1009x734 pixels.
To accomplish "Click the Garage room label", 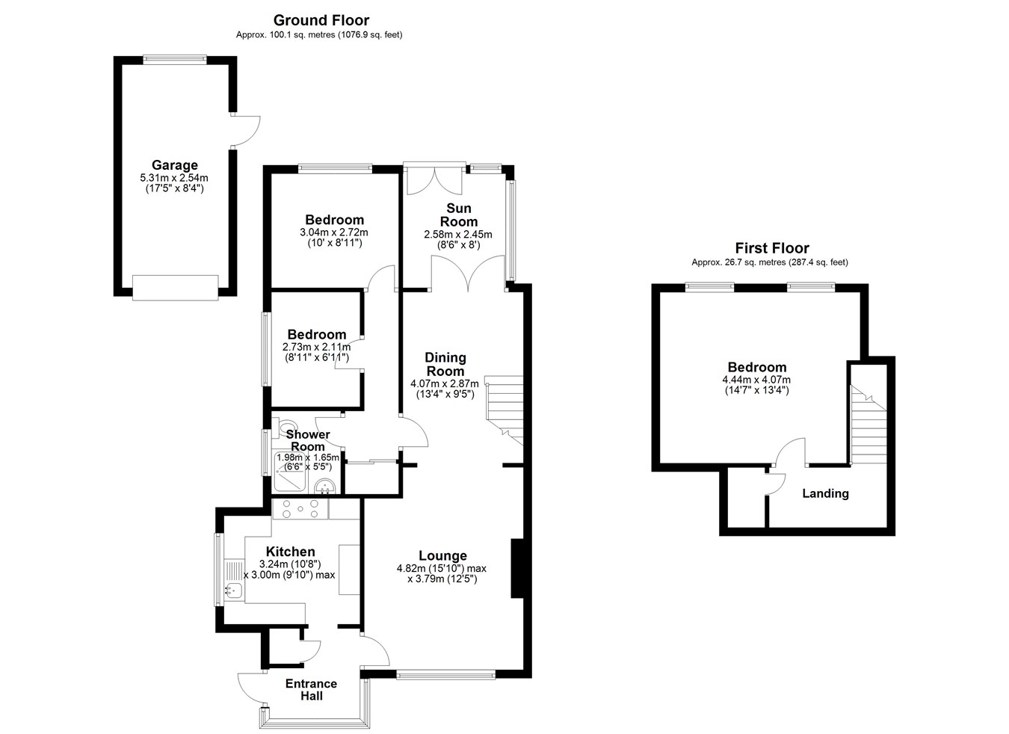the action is pyautogui.click(x=175, y=165).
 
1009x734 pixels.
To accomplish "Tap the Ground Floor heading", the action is pyautogui.click(x=321, y=20).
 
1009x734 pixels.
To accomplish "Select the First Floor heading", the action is pyautogui.click(x=771, y=248).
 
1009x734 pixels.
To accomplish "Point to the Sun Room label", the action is pyautogui.click(x=459, y=215).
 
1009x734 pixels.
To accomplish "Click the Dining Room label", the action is pyautogui.click(x=445, y=364).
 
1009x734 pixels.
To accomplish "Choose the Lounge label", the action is pyautogui.click(x=442, y=555).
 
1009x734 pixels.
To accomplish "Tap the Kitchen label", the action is pyautogui.click(x=291, y=552).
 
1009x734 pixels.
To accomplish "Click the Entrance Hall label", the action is pyautogui.click(x=311, y=690).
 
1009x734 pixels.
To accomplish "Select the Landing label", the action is pyautogui.click(x=825, y=493).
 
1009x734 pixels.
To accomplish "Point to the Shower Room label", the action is pyautogui.click(x=308, y=440).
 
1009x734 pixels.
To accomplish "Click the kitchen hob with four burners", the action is pyautogui.click(x=300, y=509).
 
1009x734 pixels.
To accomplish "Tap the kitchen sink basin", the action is pyautogui.click(x=234, y=588).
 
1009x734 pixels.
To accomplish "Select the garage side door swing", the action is pyautogui.click(x=245, y=131).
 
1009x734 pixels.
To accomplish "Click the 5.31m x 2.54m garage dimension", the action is pyautogui.click(x=174, y=178).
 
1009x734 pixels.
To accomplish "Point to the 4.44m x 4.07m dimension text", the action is pyautogui.click(x=756, y=380).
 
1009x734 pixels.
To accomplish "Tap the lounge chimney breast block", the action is pyautogui.click(x=517, y=568).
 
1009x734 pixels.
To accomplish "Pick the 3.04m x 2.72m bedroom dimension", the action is pyautogui.click(x=334, y=232).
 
